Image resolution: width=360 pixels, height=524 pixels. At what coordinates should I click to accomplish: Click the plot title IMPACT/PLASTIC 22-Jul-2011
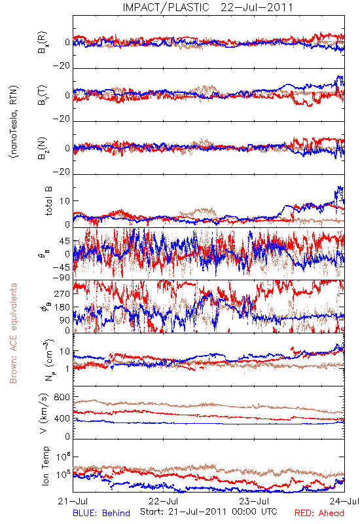tap(207, 7)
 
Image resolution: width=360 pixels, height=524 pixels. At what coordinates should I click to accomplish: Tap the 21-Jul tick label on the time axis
tap(73, 501)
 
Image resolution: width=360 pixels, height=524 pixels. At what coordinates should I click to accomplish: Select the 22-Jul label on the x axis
tap(163, 501)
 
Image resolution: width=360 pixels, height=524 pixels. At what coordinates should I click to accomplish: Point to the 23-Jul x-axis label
tap(254, 501)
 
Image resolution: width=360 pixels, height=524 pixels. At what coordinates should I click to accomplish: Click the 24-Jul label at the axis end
tap(344, 501)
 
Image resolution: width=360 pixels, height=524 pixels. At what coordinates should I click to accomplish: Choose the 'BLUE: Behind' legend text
tap(101, 513)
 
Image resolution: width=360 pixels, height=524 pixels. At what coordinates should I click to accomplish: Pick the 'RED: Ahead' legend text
tap(319, 513)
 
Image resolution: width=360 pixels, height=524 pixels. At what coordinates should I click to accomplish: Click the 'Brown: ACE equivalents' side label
tap(13, 333)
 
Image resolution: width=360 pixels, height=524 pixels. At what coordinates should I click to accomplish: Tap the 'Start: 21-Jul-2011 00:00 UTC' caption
tap(209, 512)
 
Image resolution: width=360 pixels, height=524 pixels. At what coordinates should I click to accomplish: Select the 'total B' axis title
tap(48, 201)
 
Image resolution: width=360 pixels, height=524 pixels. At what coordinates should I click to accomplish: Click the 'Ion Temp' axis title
tap(45, 466)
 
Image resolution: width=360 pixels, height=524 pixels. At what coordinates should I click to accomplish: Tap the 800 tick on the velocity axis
tap(62, 397)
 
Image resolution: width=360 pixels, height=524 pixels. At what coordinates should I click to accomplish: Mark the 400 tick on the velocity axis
tap(62, 419)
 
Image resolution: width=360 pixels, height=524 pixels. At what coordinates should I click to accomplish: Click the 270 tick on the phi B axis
tap(62, 293)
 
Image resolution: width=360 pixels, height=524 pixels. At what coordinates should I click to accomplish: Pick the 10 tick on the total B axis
tap(65, 201)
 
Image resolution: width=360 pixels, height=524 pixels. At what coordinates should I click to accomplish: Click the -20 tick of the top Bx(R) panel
tap(61, 65)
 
